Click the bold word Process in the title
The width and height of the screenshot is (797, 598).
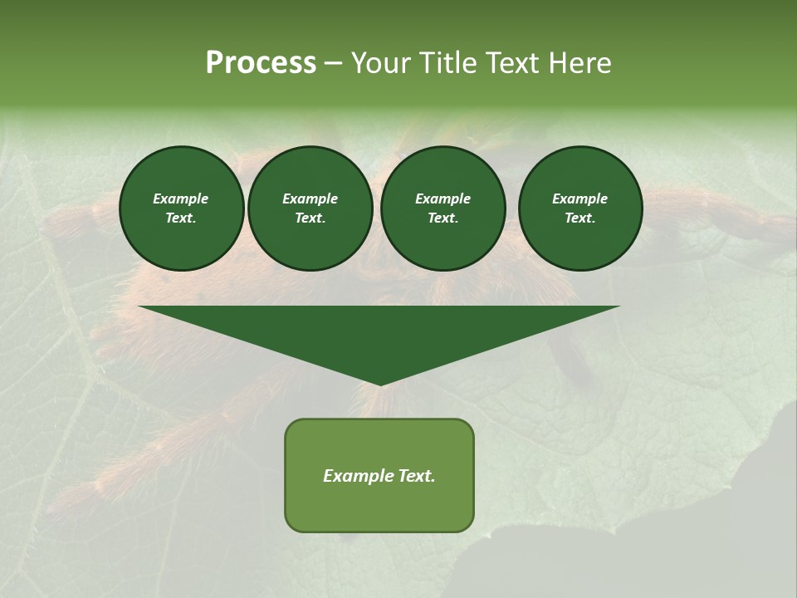pos(261,63)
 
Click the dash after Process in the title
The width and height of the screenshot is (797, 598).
pos(334,64)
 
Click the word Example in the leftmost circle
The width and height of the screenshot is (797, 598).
pos(181,199)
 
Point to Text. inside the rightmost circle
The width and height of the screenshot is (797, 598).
pos(579,218)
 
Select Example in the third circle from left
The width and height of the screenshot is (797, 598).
pos(443,199)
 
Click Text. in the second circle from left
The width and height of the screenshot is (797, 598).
pos(310,218)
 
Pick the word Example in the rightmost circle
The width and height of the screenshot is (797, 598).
pos(579,199)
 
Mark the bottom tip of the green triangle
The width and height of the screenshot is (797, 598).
pos(379,384)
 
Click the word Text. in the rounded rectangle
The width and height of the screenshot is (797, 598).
pos(415,476)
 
